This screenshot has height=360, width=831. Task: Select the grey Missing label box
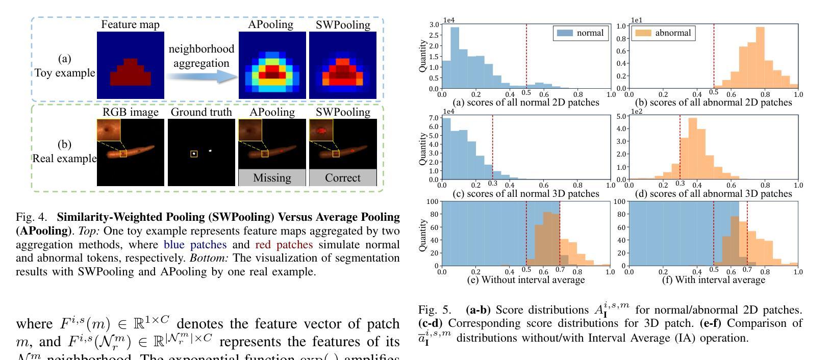(272, 178)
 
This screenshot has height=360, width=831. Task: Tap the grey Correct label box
(343, 178)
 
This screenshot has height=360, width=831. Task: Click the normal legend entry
(581, 33)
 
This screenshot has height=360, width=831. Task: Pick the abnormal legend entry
(663, 33)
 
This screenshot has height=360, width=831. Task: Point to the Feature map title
(130, 24)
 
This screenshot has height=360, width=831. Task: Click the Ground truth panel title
(201, 112)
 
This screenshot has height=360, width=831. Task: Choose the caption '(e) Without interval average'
(525, 279)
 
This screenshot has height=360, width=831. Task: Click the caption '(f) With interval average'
(713, 279)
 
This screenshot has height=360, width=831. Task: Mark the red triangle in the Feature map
(131, 72)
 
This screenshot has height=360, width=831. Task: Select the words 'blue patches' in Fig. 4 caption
(195, 245)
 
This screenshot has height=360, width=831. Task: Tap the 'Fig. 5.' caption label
(435, 310)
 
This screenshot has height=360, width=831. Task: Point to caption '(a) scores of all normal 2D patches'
(525, 102)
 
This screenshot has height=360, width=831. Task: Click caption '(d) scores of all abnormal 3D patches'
(713, 194)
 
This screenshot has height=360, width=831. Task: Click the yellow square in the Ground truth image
(194, 154)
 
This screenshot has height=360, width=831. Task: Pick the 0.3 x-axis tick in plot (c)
(492, 184)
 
